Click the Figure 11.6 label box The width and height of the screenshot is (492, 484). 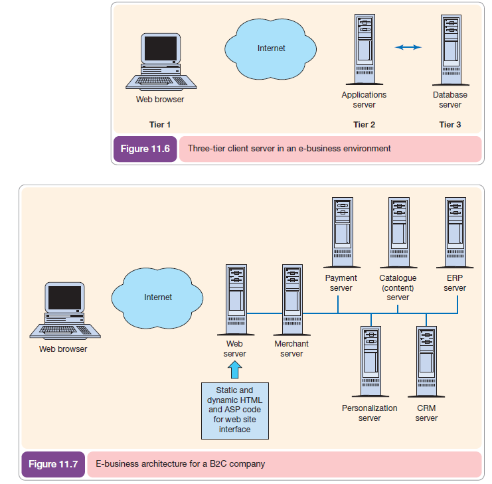coord(145,149)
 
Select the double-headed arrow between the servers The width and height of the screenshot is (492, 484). coord(408,47)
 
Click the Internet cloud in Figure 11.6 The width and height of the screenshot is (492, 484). coord(271,48)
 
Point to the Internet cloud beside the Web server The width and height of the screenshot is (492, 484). coord(158,297)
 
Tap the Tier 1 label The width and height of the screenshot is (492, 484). coord(160,125)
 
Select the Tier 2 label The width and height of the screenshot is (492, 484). coord(365,125)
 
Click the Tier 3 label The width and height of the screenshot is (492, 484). coord(450,125)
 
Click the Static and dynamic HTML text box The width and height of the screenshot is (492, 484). coord(235,410)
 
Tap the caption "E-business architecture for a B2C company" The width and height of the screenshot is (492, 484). coord(180,463)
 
